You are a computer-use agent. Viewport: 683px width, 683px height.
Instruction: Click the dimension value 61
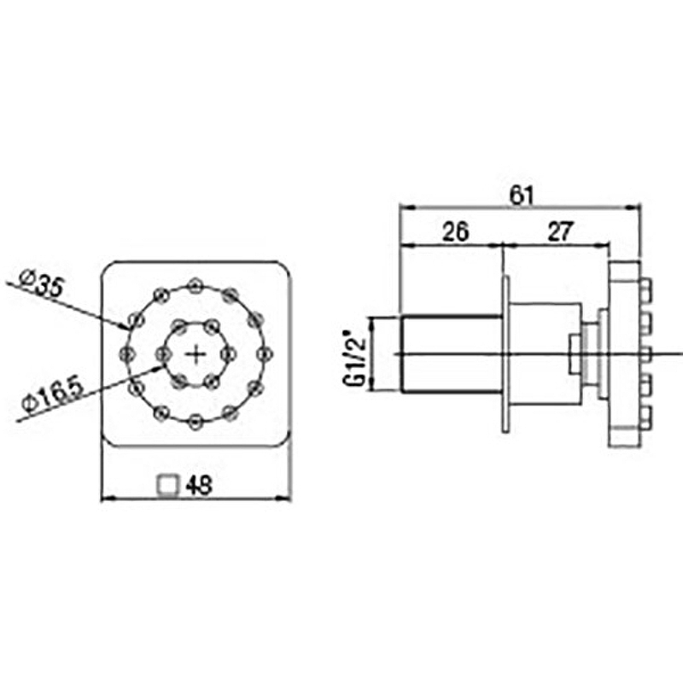click(522, 196)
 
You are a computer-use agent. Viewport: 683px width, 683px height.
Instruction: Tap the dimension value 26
click(456, 231)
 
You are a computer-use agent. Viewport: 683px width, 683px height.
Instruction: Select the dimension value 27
click(559, 231)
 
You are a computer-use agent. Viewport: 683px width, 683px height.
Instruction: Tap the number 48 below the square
click(199, 485)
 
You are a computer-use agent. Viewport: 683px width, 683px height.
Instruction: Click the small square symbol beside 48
click(168, 485)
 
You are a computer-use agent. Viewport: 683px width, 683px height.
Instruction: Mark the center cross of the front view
click(196, 355)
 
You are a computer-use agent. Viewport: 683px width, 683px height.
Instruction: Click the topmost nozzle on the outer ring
click(196, 285)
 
